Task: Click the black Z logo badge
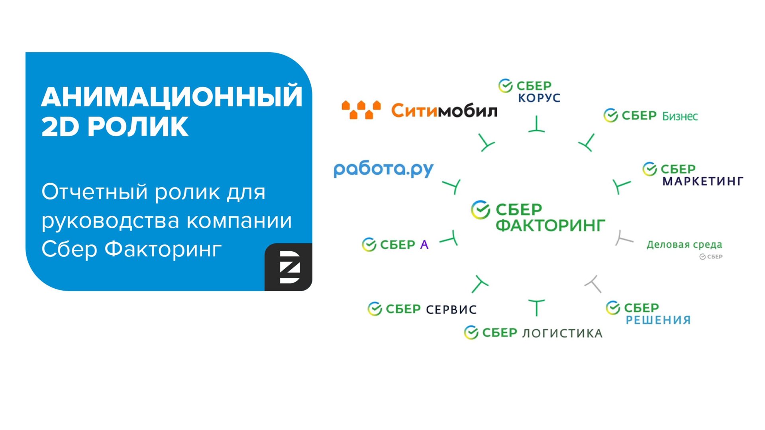click(288, 267)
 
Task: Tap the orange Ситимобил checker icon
click(361, 110)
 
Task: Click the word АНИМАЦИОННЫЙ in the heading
click(172, 97)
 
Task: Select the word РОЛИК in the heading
click(137, 127)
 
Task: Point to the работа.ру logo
click(383, 169)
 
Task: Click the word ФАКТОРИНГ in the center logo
click(550, 225)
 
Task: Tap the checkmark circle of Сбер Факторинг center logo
click(481, 210)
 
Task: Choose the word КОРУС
click(539, 98)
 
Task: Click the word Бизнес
click(680, 116)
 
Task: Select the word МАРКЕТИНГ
click(703, 182)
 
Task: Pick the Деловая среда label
click(684, 244)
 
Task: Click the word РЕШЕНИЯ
click(658, 320)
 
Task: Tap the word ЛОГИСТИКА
click(562, 333)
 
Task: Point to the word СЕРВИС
click(451, 310)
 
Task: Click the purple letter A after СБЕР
click(424, 244)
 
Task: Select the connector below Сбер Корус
click(537, 125)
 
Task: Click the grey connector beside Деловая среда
click(623, 238)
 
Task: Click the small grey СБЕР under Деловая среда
click(711, 257)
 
